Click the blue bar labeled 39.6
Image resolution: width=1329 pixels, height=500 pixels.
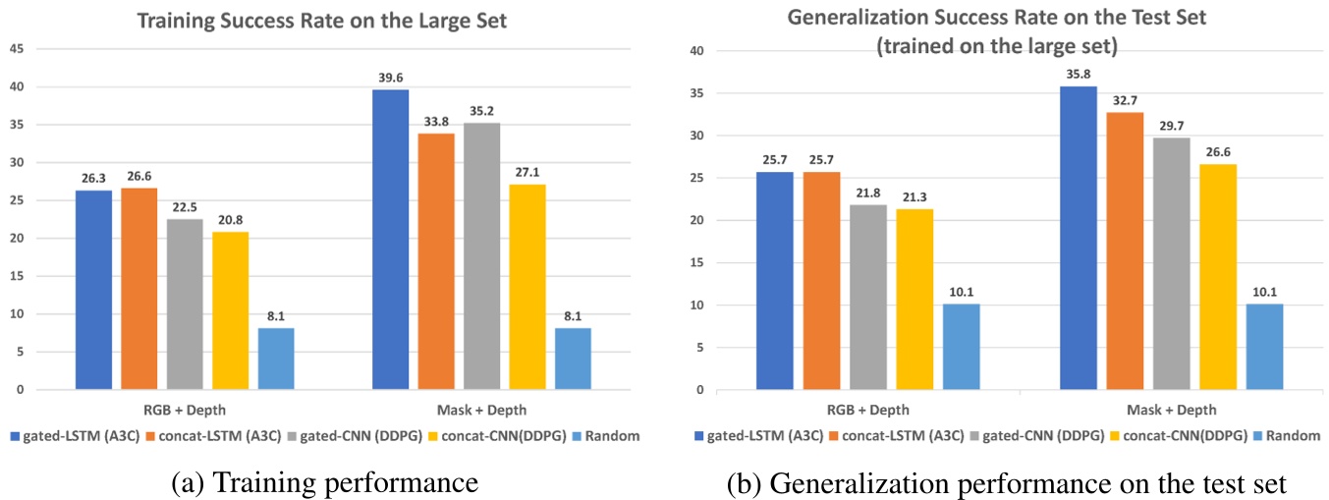[390, 240]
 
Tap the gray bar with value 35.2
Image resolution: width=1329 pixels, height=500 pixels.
[481, 256]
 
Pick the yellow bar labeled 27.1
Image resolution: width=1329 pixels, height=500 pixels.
[527, 287]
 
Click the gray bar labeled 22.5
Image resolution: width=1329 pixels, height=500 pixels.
[185, 305]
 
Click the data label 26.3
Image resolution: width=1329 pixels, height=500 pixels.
[93, 179]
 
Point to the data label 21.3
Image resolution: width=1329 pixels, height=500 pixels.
[915, 197]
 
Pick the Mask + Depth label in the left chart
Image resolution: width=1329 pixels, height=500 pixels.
[481, 410]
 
